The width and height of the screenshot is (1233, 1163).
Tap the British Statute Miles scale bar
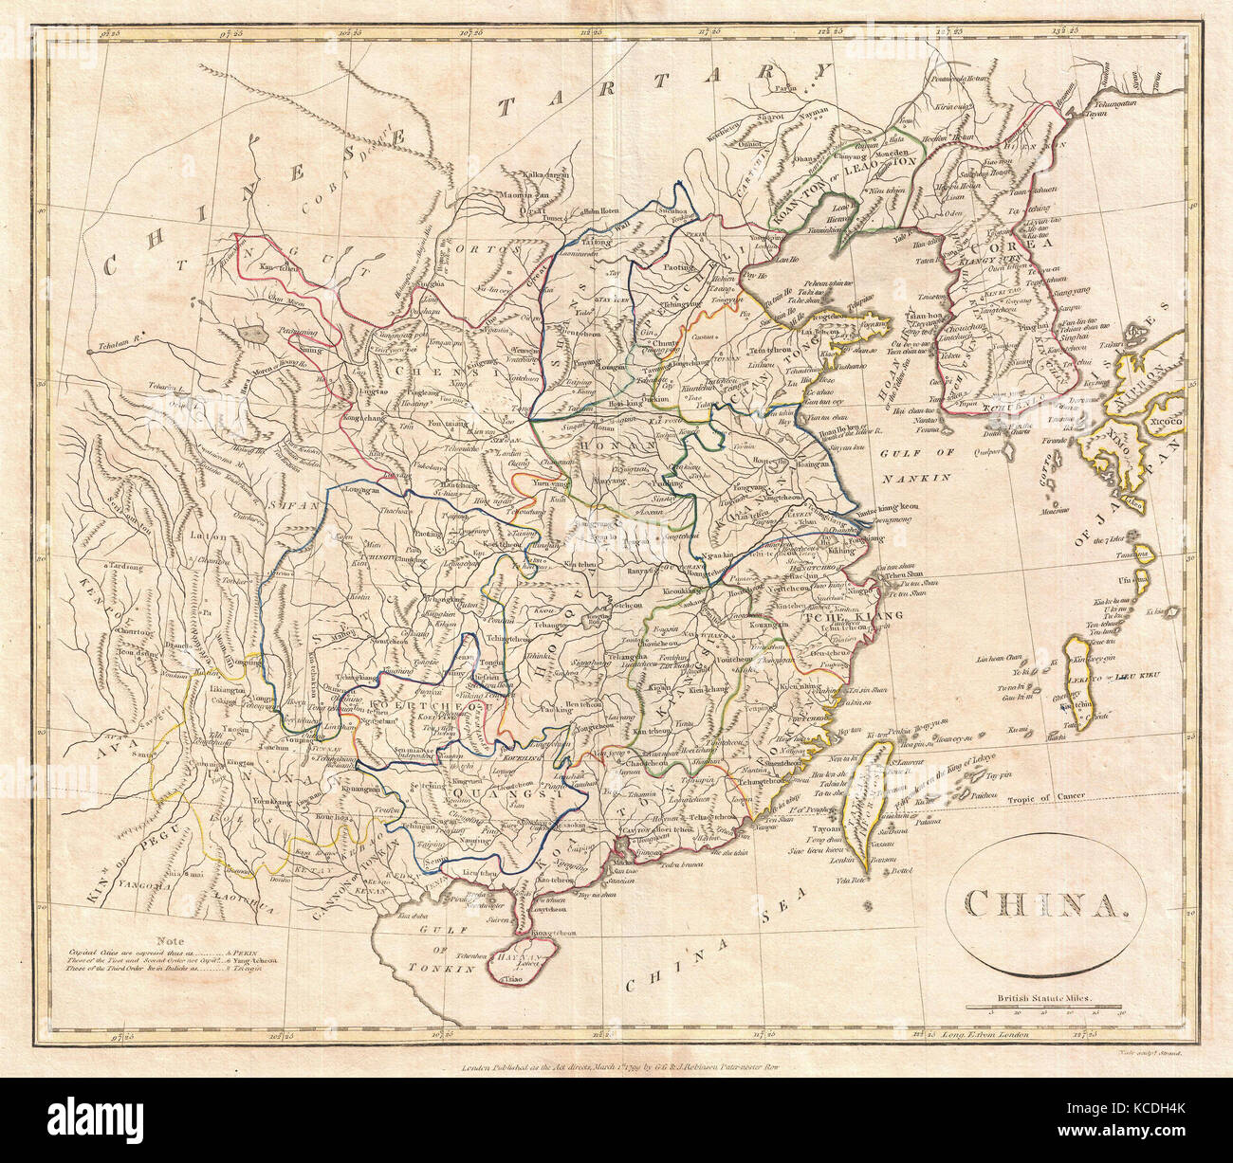tap(1043, 1008)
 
